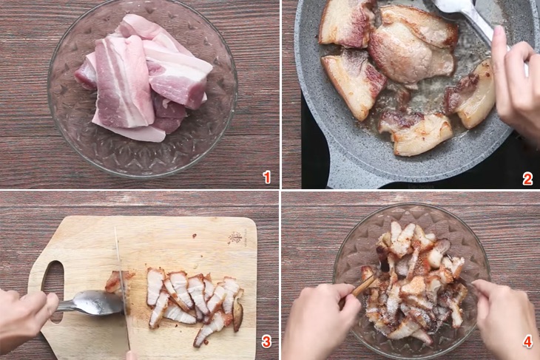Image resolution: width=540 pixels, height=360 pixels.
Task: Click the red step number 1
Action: (267, 177)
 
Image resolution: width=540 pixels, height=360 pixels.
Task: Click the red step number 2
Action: (527, 178)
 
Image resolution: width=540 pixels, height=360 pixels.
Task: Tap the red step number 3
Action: (266, 342)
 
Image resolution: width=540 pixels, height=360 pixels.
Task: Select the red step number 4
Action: (527, 342)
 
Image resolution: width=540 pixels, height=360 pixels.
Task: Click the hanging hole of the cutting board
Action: (53, 282)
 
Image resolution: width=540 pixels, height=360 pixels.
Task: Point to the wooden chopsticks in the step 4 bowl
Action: (362, 285)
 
